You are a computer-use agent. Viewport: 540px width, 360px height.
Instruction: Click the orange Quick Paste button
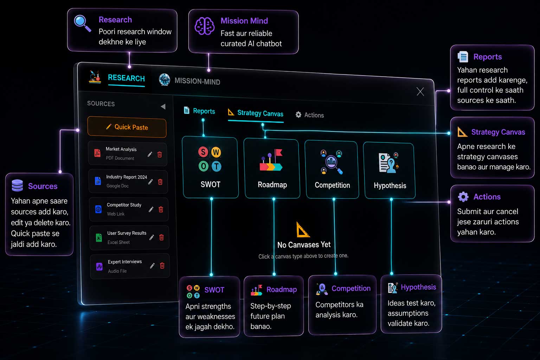click(x=127, y=127)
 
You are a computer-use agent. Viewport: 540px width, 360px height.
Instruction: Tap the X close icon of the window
click(x=420, y=91)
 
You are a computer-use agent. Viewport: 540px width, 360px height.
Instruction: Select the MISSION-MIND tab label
click(x=197, y=81)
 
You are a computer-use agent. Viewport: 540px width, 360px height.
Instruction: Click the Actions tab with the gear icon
click(x=310, y=115)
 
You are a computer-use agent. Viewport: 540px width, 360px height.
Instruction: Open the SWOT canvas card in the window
click(x=211, y=167)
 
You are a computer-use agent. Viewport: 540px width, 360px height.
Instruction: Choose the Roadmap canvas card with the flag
click(x=272, y=168)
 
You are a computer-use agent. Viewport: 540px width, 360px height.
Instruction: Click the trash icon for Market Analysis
click(x=160, y=154)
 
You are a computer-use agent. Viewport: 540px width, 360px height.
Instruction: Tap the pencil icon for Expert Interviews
click(x=152, y=266)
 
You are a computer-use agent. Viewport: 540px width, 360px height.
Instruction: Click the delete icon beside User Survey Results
click(x=161, y=237)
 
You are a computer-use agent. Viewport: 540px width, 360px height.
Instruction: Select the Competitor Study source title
click(x=124, y=205)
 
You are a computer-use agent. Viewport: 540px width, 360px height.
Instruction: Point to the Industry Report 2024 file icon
click(x=98, y=181)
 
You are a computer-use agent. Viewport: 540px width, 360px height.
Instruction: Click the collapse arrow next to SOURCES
click(x=163, y=106)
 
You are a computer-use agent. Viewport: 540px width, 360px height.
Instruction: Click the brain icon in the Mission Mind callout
click(x=204, y=26)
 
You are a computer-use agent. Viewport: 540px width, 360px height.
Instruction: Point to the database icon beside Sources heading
click(x=17, y=185)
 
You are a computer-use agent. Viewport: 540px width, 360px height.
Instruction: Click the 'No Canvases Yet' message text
click(x=304, y=245)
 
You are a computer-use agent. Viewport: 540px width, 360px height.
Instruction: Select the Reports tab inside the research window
click(x=199, y=111)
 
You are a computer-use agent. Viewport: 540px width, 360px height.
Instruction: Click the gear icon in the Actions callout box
click(x=463, y=197)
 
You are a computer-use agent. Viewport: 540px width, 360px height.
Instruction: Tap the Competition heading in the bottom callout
click(x=351, y=288)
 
